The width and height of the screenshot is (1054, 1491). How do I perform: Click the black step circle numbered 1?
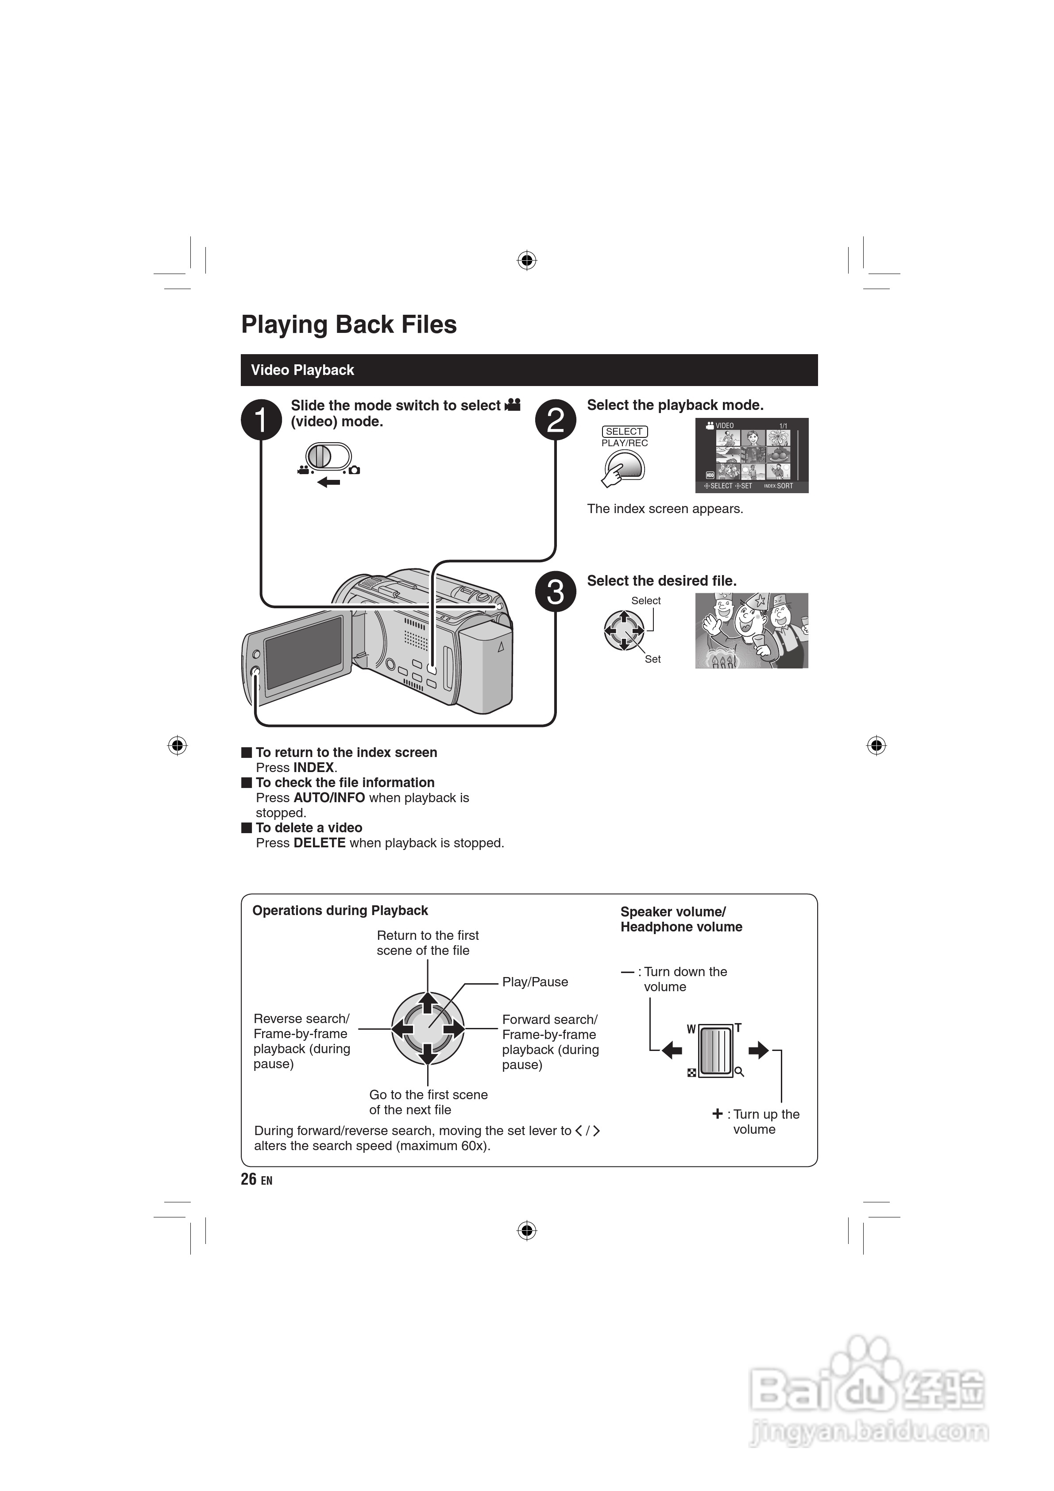261,420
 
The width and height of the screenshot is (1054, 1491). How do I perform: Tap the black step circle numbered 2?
555,420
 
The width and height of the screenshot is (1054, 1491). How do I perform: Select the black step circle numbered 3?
555,591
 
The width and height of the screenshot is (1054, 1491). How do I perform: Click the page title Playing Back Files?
349,324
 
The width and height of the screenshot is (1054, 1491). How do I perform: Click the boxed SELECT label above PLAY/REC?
624,432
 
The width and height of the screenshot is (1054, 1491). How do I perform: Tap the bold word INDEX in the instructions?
314,768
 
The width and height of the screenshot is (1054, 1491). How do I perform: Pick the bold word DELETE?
320,843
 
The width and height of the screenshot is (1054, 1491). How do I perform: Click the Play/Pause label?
534,982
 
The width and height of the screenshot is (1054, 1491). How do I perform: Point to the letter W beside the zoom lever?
691,1029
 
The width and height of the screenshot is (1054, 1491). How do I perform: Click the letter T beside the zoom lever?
738,1028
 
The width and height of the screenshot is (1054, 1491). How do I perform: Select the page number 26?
249,1179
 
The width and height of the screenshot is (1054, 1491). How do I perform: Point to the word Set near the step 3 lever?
652,659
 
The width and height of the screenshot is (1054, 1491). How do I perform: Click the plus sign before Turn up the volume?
717,1114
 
